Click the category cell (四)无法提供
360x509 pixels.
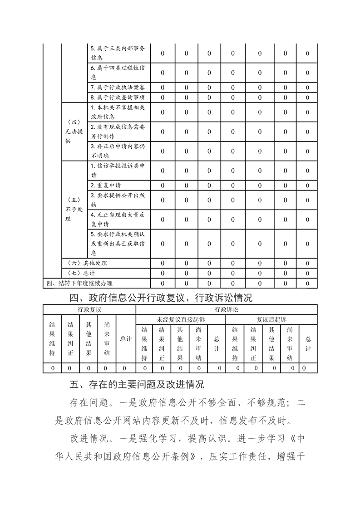(x=74, y=132)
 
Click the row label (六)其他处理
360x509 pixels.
(x=86, y=263)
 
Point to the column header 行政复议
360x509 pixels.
(x=89, y=309)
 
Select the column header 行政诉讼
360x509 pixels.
(x=226, y=309)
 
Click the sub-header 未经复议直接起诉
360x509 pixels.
(x=181, y=319)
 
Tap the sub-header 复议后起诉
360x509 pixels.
(x=271, y=319)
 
